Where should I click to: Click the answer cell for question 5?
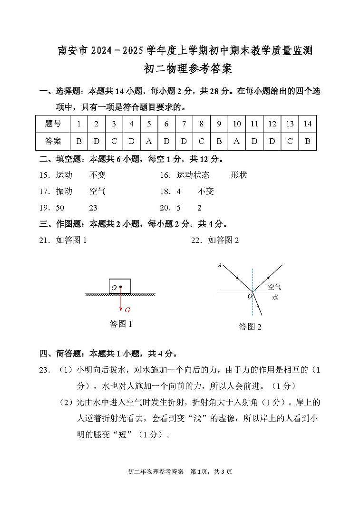click(x=149, y=141)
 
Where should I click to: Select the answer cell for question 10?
click(x=237, y=141)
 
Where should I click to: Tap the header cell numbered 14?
click(x=307, y=124)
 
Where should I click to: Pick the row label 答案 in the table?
click(x=53, y=141)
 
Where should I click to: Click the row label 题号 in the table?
click(x=53, y=124)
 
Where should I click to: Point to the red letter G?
click(x=127, y=310)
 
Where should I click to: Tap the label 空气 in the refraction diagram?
click(x=274, y=287)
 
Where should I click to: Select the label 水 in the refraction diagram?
click(x=275, y=298)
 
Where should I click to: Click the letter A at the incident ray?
click(x=220, y=265)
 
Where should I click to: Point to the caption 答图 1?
click(x=121, y=324)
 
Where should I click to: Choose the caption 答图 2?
click(x=250, y=327)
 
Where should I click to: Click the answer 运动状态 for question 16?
click(x=193, y=175)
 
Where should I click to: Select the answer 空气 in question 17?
click(x=97, y=192)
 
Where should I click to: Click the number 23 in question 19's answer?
click(x=93, y=208)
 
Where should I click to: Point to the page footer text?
click(x=180, y=472)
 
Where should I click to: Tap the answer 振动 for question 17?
click(x=64, y=192)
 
